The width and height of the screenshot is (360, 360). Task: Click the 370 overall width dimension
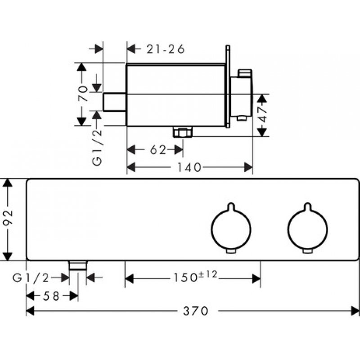[x=195, y=311]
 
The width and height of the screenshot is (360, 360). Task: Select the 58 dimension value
[x=51, y=296]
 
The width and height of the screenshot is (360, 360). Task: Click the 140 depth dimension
[x=189, y=167]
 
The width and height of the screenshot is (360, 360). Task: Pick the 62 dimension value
[x=158, y=150]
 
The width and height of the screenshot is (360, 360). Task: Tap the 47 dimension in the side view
[x=262, y=115]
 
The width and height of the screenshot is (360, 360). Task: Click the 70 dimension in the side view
[x=83, y=94]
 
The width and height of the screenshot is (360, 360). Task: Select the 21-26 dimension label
[x=165, y=49]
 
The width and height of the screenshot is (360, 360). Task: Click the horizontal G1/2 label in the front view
[x=31, y=278]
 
